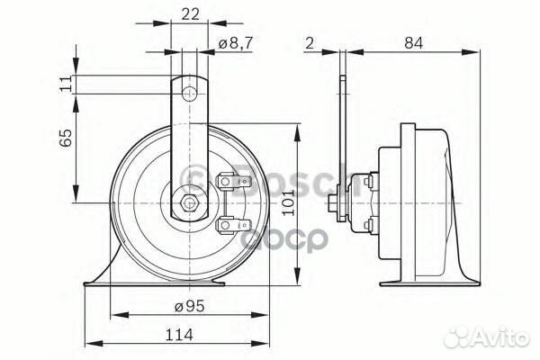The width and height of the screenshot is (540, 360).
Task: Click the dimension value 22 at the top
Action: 189,14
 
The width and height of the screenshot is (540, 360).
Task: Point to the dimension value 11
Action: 64,84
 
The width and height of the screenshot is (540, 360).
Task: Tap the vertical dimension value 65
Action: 64,139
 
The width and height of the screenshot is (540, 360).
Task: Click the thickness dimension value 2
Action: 309,41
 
